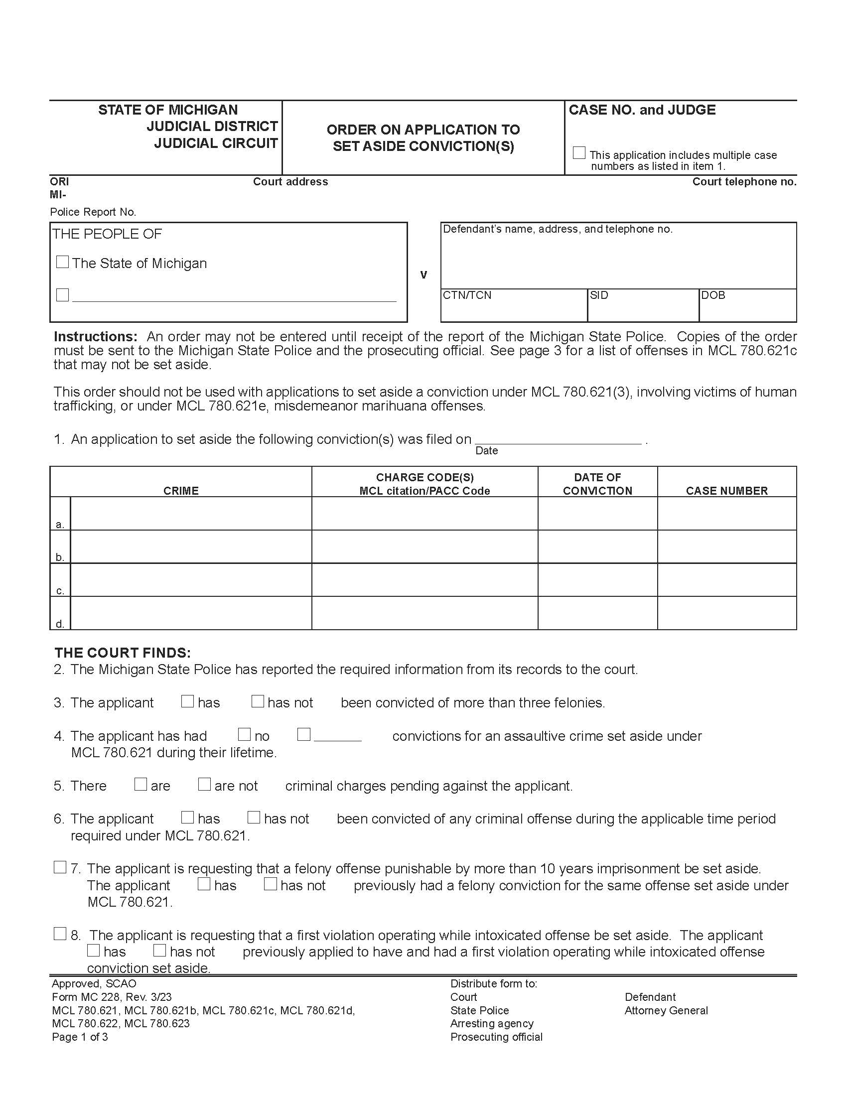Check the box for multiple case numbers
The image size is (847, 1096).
pyautogui.click(x=578, y=152)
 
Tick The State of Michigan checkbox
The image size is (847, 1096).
pyautogui.click(x=62, y=262)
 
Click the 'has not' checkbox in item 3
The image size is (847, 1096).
pyautogui.click(x=258, y=701)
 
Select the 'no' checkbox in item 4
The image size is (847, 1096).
pyautogui.click(x=244, y=734)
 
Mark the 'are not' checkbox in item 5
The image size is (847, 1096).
pyautogui.click(x=204, y=784)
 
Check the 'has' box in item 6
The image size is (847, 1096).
pyautogui.click(x=187, y=817)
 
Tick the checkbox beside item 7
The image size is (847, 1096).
pyautogui.click(x=60, y=867)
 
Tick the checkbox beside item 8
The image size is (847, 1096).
pyautogui.click(x=60, y=934)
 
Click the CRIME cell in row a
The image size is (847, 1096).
pyautogui.click(x=191, y=513)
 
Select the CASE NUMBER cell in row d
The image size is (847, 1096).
pyautogui.click(x=726, y=613)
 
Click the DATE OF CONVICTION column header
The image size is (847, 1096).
pyautogui.click(x=597, y=484)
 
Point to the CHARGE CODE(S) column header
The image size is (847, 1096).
pyautogui.click(x=424, y=484)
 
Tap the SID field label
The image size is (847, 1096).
pyautogui.click(x=598, y=295)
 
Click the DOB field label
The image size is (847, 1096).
pyautogui.click(x=712, y=295)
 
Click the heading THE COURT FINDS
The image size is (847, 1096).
pyautogui.click(x=123, y=653)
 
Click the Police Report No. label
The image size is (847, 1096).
pyautogui.click(x=93, y=212)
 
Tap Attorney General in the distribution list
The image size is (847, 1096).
pyautogui.click(x=666, y=1010)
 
